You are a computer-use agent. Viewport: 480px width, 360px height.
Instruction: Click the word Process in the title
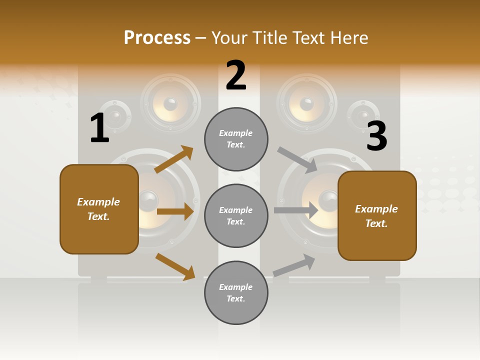click(x=157, y=38)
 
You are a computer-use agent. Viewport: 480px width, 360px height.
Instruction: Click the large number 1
click(x=99, y=128)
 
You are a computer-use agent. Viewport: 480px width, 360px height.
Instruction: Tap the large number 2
click(x=236, y=76)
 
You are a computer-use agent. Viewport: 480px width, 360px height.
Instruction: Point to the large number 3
click(x=377, y=136)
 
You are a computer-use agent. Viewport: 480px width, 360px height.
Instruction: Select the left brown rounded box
click(x=99, y=209)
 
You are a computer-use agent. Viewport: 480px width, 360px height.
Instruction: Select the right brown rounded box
click(x=377, y=216)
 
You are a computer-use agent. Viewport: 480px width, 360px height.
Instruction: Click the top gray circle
click(x=236, y=139)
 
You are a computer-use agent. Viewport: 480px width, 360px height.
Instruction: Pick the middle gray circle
click(x=236, y=216)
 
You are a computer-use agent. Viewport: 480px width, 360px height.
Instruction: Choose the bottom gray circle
click(x=236, y=293)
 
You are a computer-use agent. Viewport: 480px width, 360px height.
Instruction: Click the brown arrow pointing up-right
click(x=174, y=159)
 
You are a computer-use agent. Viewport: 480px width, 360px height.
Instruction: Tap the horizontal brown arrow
click(x=175, y=211)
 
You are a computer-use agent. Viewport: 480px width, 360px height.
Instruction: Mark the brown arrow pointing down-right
click(x=175, y=266)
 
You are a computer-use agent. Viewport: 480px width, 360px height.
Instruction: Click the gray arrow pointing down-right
click(x=297, y=159)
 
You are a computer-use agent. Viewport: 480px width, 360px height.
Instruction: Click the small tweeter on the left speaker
click(x=115, y=117)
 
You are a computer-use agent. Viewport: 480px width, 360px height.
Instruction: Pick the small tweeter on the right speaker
click(x=363, y=116)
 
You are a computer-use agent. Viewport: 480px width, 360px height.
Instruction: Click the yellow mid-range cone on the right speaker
click(x=306, y=104)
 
